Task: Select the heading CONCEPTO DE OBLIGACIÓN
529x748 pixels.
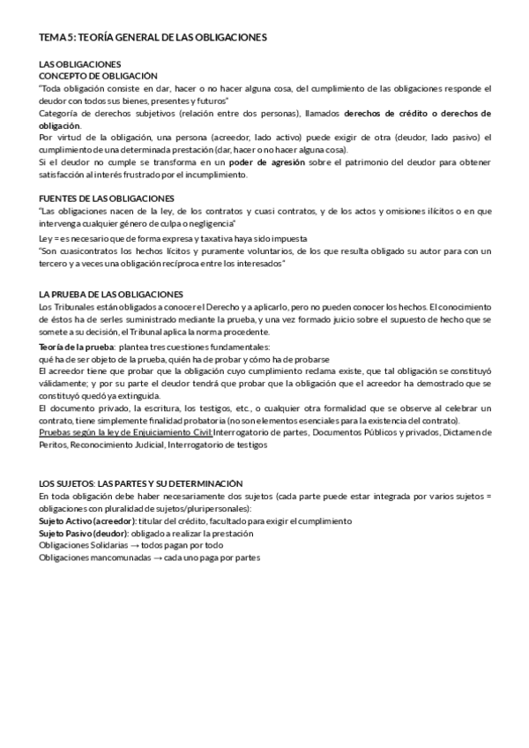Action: pos(98,76)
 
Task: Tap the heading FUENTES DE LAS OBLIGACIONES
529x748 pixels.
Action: pos(108,198)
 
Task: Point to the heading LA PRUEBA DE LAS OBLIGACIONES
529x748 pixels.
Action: pos(111,294)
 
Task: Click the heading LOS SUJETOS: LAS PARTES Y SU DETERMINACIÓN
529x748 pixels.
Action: pos(140,484)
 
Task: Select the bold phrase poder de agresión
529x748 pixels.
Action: pos(267,162)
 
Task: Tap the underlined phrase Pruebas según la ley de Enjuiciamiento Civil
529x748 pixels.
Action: pos(125,433)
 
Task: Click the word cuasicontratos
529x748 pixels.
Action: pos(85,251)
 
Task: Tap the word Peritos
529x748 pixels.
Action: pos(54,445)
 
